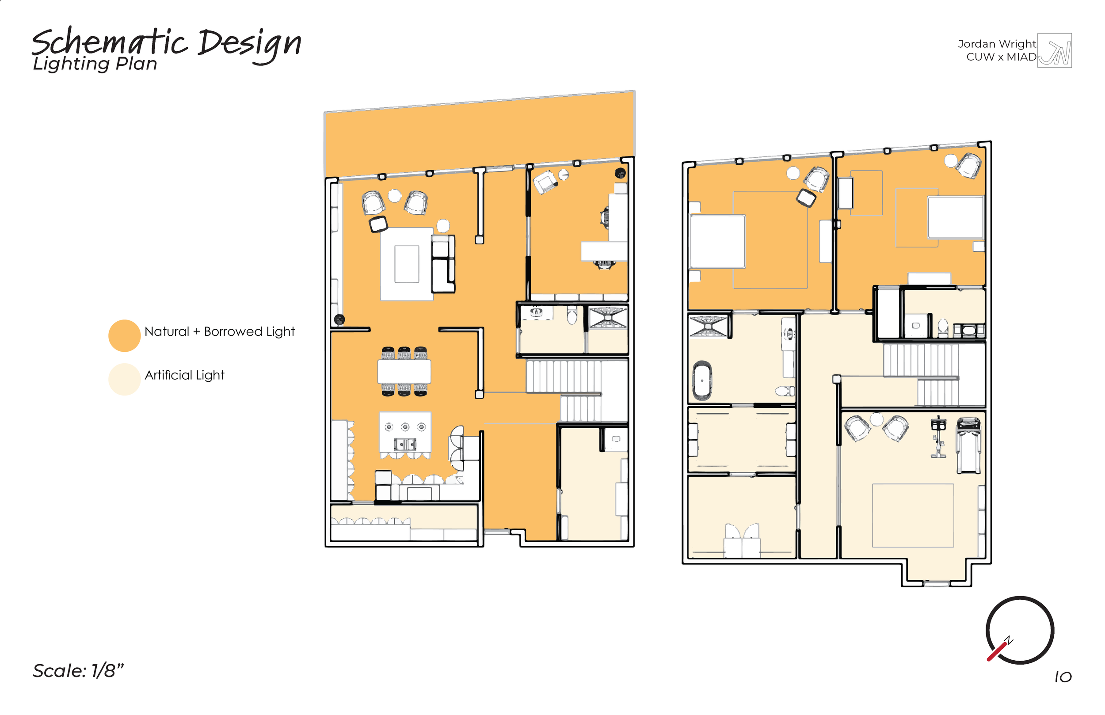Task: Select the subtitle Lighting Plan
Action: pyautogui.click(x=95, y=64)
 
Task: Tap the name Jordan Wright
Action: pyautogui.click(x=996, y=44)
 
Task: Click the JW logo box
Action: pyautogui.click(x=1055, y=51)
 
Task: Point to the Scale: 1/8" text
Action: pyautogui.click(x=78, y=671)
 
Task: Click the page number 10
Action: pyautogui.click(x=1063, y=677)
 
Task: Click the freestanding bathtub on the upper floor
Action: pyautogui.click(x=702, y=381)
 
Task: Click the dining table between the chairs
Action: pyautogui.click(x=404, y=372)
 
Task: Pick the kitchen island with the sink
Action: pyautogui.click(x=405, y=433)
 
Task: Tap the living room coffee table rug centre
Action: pyautogui.click(x=407, y=264)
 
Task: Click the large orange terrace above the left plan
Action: pyautogui.click(x=478, y=135)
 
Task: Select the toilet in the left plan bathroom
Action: pyautogui.click(x=572, y=316)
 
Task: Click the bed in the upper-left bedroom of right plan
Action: pyautogui.click(x=717, y=241)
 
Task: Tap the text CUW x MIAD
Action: pyautogui.click(x=1001, y=57)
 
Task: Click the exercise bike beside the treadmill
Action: pyautogui.click(x=938, y=437)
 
